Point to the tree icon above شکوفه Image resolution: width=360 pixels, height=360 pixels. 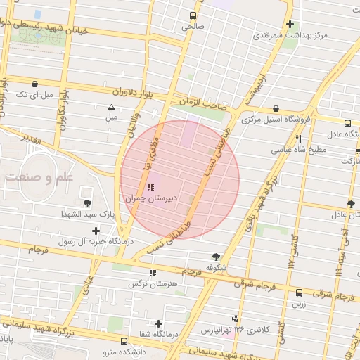[216, 257]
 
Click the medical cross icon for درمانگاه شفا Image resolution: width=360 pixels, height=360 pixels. [159, 324]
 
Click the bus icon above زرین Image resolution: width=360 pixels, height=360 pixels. [300, 292]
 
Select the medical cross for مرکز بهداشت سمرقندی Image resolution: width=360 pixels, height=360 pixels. [290, 25]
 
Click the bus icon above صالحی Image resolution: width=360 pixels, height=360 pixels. [193, 15]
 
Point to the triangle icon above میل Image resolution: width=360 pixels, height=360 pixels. [110, 108]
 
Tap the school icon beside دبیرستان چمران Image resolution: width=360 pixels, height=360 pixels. [150, 188]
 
